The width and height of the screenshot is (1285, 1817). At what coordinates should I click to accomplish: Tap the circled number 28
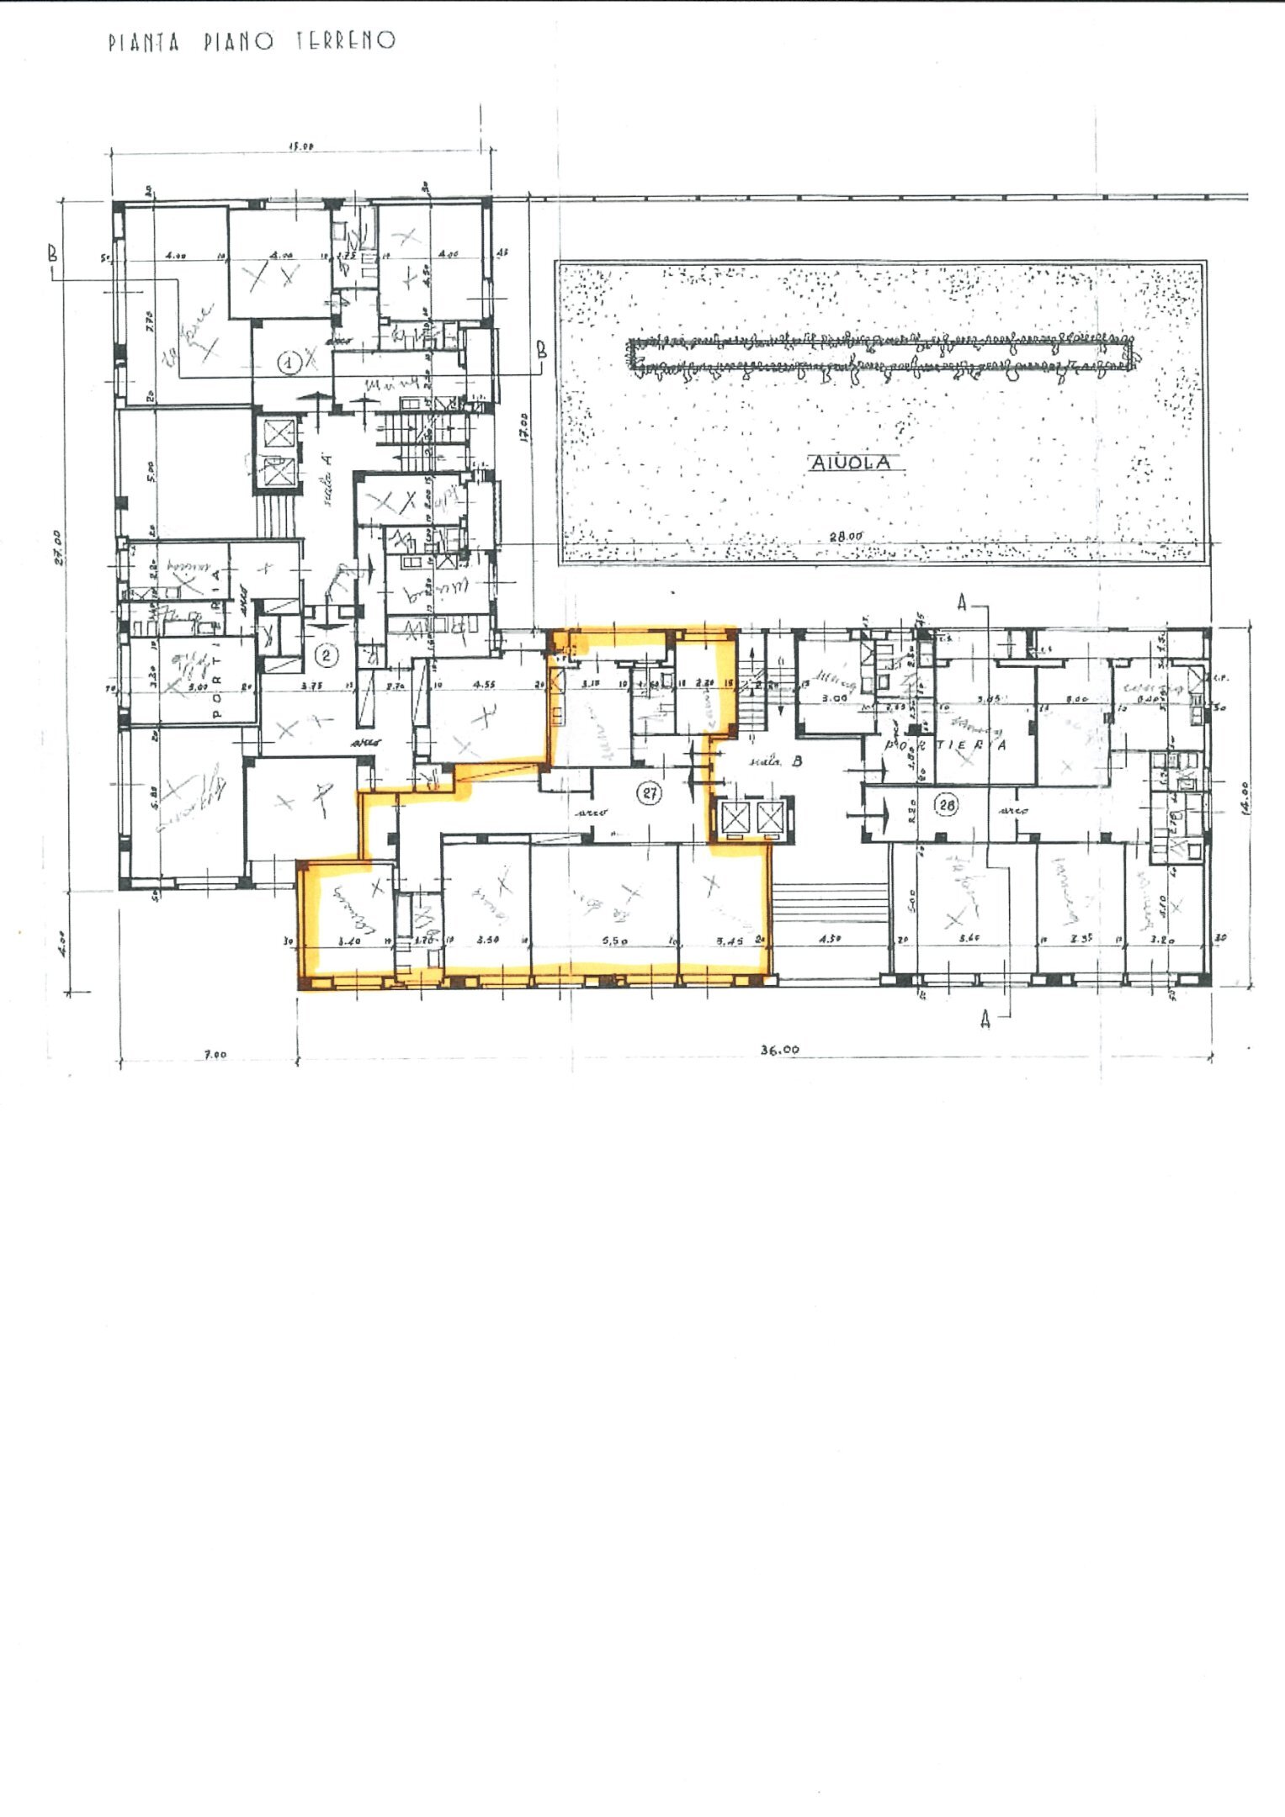point(947,805)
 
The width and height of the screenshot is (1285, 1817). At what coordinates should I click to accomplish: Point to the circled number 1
point(289,363)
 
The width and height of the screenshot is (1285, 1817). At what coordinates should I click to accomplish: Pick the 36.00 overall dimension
point(780,1049)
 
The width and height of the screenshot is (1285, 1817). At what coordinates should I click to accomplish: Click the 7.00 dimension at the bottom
point(216,1053)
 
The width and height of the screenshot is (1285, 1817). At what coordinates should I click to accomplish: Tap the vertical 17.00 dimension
point(523,425)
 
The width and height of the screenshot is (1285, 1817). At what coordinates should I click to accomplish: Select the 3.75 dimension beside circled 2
point(313,686)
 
